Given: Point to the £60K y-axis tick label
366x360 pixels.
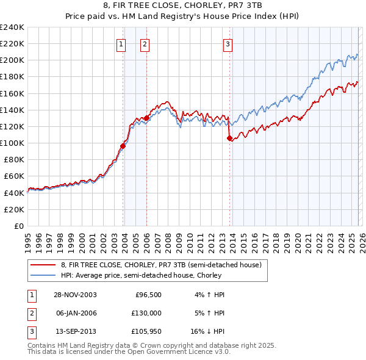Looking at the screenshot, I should click(x=13, y=176).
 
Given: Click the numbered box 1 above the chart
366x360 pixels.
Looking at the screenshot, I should click(x=121, y=43).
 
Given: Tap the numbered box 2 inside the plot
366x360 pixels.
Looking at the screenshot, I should click(x=145, y=43).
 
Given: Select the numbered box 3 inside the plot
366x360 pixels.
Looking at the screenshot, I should click(x=228, y=43).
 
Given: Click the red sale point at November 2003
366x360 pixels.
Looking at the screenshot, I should click(x=123, y=146).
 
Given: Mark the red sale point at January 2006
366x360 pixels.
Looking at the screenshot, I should click(x=146, y=118).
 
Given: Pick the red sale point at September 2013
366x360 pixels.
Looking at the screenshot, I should click(x=229, y=138).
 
